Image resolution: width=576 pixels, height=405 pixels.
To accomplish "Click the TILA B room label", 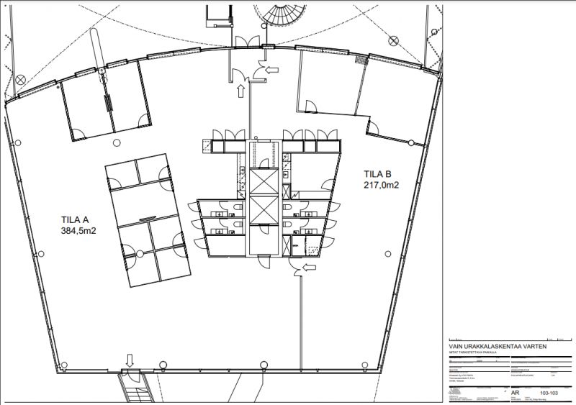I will pyautogui.click(x=378, y=173).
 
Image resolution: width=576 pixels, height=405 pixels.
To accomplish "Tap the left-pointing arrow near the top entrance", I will pyautogui.click(x=271, y=70).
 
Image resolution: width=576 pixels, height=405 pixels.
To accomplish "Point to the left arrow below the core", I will pyautogui.click(x=309, y=268).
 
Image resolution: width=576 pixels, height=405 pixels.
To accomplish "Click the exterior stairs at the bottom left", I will pyautogui.click(x=137, y=391).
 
